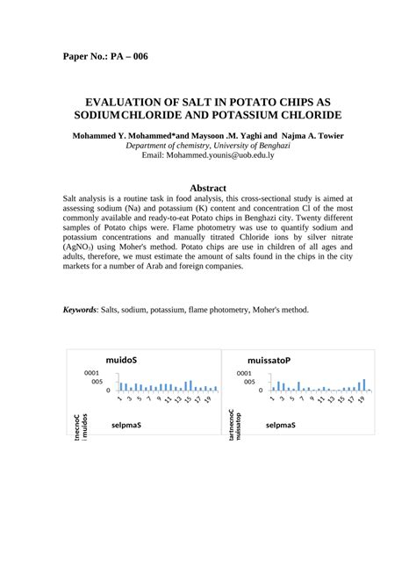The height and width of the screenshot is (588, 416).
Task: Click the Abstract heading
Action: (208, 188)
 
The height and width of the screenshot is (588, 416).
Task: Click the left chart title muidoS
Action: (120, 361)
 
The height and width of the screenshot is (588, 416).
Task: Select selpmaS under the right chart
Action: (280, 425)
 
